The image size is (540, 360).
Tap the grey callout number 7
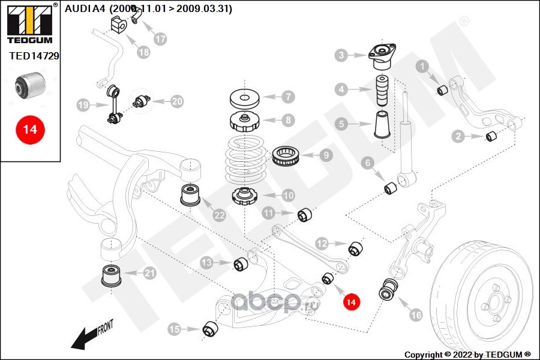pos(289,96)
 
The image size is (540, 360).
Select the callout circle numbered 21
pos(149,274)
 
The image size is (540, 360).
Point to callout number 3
pos(341,56)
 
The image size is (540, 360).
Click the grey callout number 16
pos(415,314)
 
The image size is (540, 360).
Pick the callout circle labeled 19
pos(83,106)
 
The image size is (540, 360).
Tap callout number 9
pos(326,155)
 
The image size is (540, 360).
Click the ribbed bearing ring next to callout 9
pos(286,157)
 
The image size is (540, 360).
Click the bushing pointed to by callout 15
pos(210,329)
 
